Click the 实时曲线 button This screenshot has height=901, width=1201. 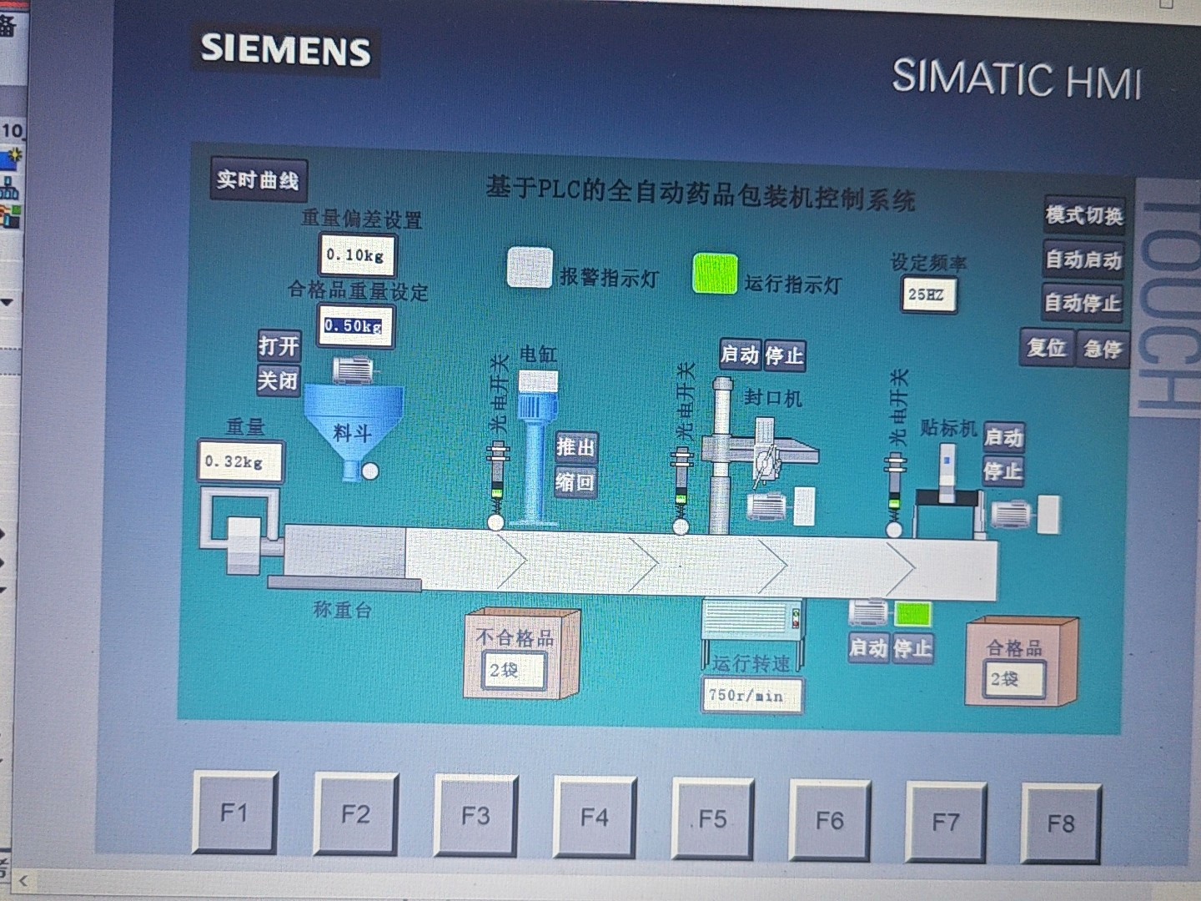(x=258, y=180)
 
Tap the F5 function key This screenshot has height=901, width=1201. (x=712, y=818)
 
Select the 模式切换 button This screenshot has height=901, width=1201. (x=1083, y=216)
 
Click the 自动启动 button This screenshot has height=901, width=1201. (x=1083, y=260)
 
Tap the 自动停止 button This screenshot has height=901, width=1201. (x=1083, y=303)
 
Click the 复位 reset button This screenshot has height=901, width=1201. (x=1047, y=347)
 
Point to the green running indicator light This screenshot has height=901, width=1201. (x=715, y=274)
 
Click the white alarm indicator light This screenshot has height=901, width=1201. (x=530, y=269)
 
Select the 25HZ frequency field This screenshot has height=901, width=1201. (x=927, y=294)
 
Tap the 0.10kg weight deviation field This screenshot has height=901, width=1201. (x=356, y=255)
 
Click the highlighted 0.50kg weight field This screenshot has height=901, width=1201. (x=354, y=325)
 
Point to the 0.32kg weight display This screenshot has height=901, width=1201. (x=238, y=462)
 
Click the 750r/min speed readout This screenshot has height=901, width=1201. (x=751, y=695)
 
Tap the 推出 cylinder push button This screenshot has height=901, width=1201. (x=575, y=447)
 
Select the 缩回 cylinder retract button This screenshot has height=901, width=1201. (x=575, y=482)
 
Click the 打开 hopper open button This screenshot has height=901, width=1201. (x=278, y=345)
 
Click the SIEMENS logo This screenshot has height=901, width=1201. (x=285, y=49)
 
